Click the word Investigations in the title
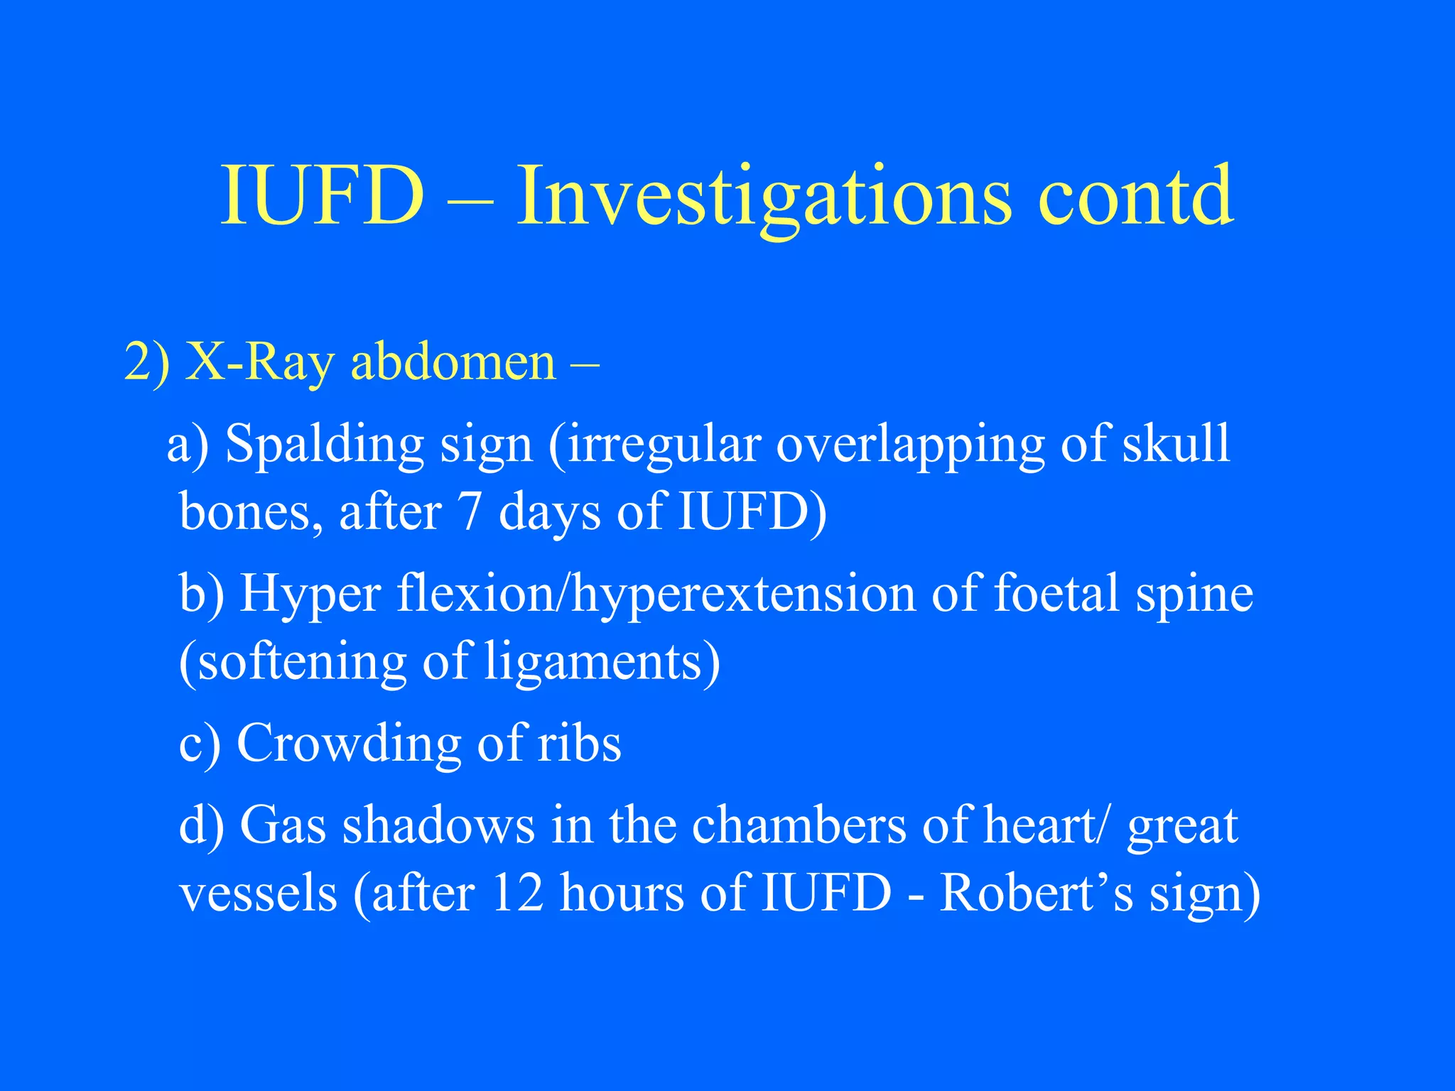(x=764, y=195)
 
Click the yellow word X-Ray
(x=259, y=363)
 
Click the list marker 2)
(x=146, y=363)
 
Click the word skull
(x=1176, y=444)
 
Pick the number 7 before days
(x=469, y=511)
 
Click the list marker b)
(x=201, y=593)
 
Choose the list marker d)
(x=201, y=825)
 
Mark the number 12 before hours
(x=516, y=893)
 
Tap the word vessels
(x=258, y=893)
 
